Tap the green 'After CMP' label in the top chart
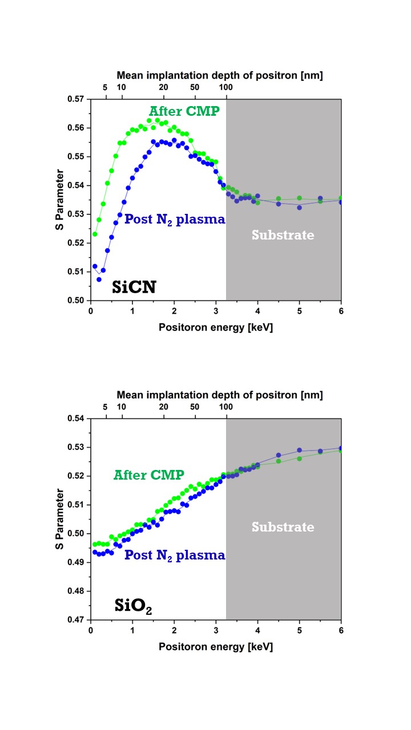184,111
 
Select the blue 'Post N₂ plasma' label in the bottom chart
175,555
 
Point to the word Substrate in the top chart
283,235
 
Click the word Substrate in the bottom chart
283,527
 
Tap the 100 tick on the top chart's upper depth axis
226,87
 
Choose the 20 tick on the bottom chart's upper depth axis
163,407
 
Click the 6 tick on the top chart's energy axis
341,311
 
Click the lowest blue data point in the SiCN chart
99,279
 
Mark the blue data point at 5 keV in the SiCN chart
299,207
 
